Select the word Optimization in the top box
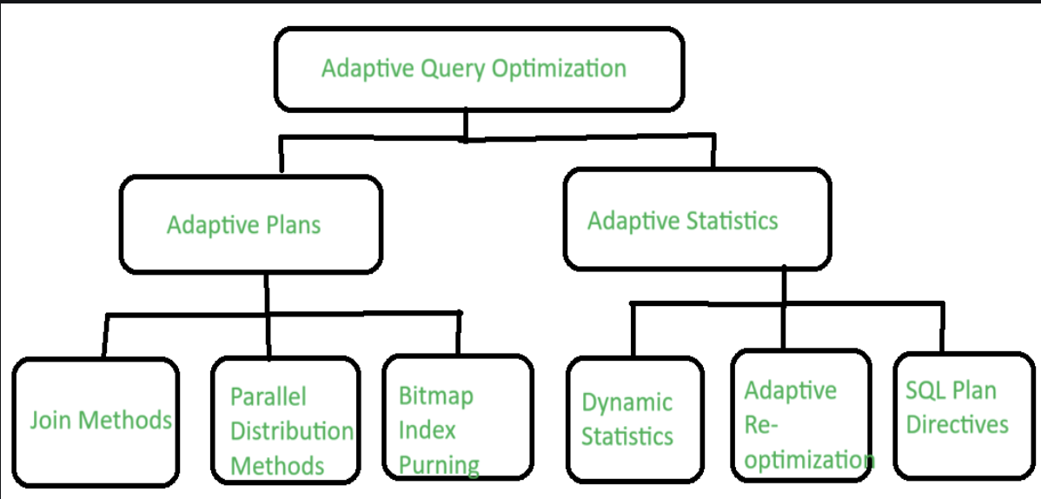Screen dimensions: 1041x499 tap(559, 70)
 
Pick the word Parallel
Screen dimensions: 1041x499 tap(269, 396)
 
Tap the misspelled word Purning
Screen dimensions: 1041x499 tap(439, 464)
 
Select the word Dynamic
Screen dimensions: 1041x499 tap(627, 402)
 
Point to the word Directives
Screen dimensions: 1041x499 tap(958, 424)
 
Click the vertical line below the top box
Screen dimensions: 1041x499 tap(466, 125)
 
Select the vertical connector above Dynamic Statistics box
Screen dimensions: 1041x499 tap(633, 330)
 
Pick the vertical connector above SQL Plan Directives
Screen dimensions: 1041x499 tap(941, 327)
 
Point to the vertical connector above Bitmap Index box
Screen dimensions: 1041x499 tap(457, 334)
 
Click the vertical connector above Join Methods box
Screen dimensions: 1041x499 tap(105, 336)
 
